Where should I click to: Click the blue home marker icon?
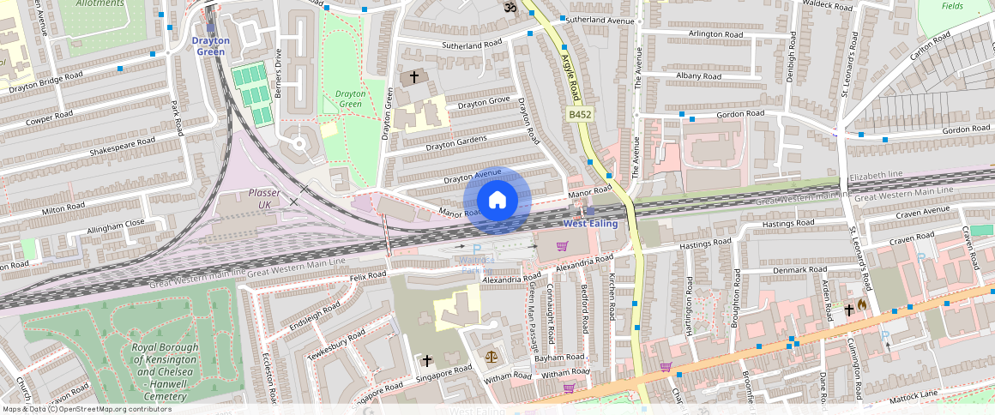click(497, 201)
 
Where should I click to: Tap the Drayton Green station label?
click(209, 45)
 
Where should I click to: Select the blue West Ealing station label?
click(589, 223)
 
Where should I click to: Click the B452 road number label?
click(580, 113)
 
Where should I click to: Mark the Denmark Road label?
click(776, 270)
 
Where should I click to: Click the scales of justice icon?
click(491, 356)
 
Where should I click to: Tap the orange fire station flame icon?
click(862, 304)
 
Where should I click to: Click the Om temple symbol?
click(508, 7)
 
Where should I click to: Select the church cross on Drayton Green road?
click(414, 77)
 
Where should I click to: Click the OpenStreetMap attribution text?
click(86, 409)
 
